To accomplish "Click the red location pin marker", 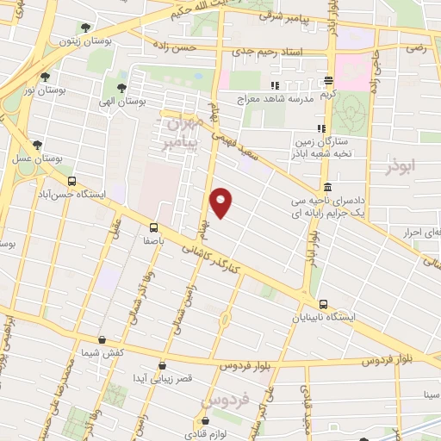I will point(221,203).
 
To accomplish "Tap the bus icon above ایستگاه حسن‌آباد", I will point(71,182).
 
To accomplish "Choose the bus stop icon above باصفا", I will point(153,227).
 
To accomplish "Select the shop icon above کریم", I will point(328,81).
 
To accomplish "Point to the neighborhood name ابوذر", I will point(401,163).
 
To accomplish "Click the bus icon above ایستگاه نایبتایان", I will point(323,304).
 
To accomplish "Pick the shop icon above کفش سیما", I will point(102,340).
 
